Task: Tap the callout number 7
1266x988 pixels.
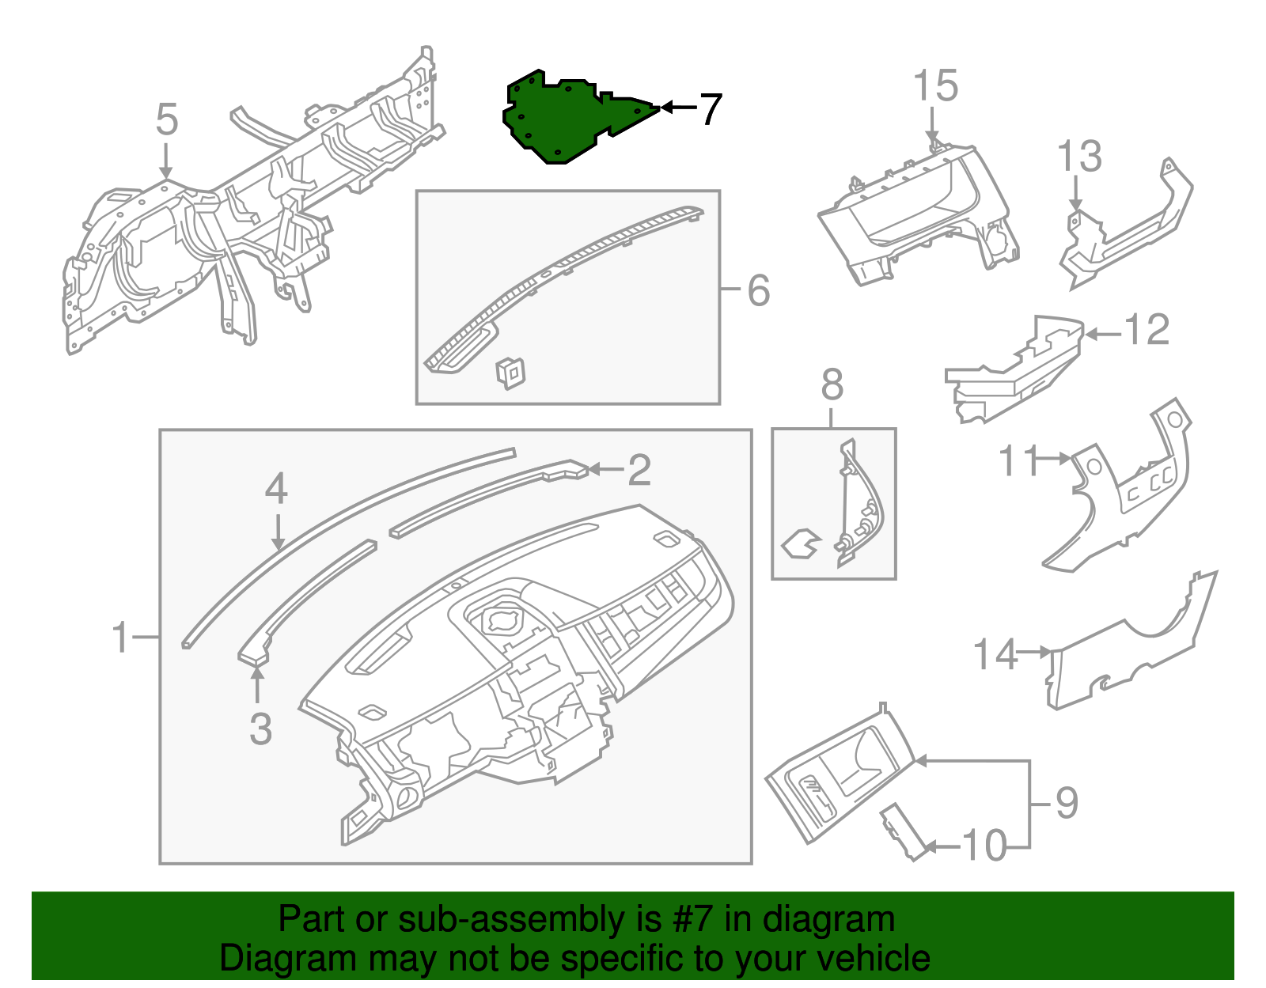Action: [711, 109]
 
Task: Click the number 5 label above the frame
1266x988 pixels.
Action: [166, 120]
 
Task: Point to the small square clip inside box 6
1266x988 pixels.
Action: [510, 372]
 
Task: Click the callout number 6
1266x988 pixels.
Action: [758, 290]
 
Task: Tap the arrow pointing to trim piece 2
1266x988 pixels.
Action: [605, 470]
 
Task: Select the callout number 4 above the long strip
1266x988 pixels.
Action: [276, 489]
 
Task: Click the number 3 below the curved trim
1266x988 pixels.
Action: [260, 729]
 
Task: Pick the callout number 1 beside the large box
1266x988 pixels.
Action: [120, 638]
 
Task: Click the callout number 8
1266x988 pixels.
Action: [832, 385]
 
